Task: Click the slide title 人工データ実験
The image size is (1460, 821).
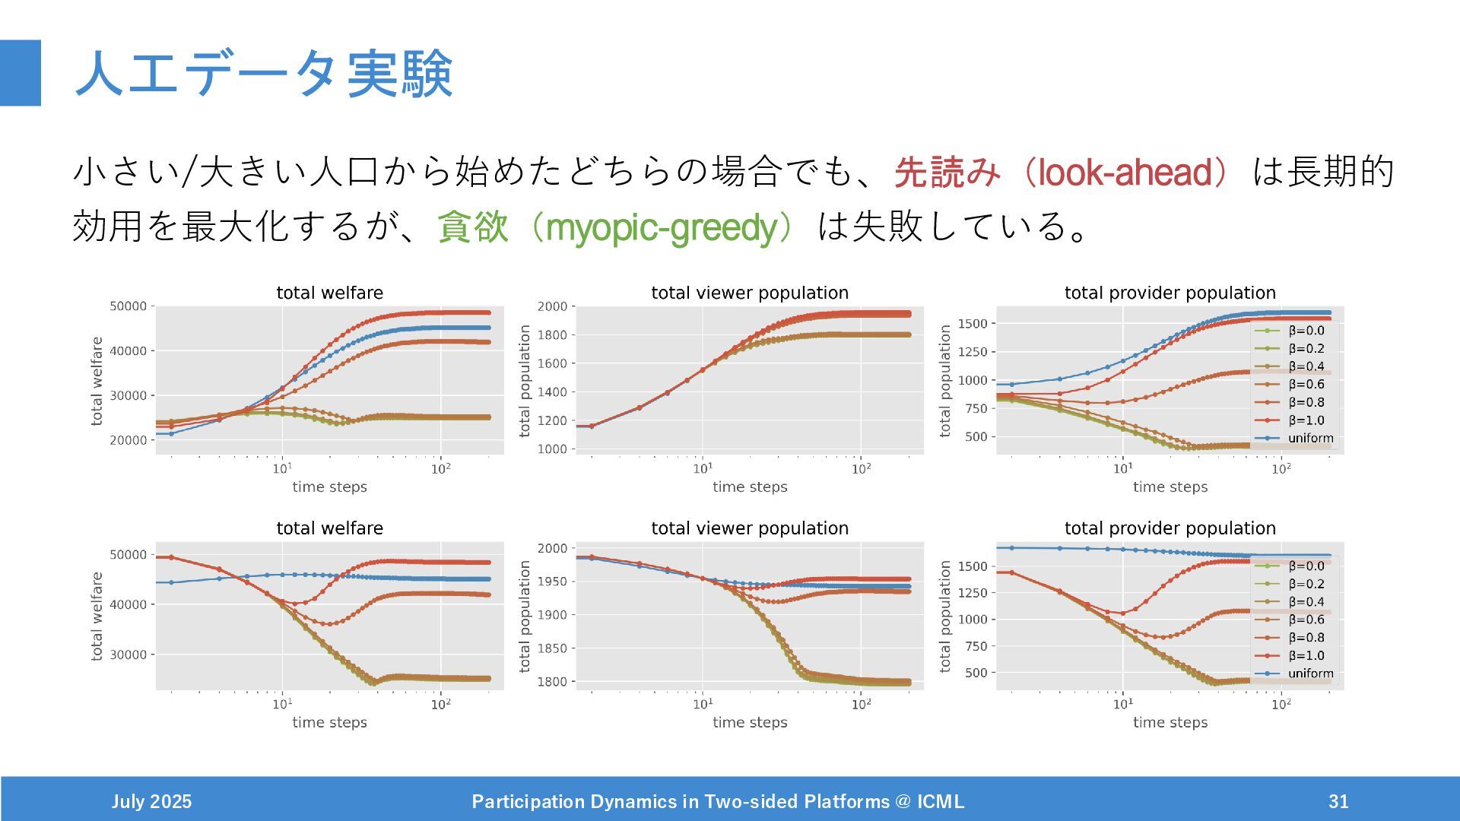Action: tap(264, 74)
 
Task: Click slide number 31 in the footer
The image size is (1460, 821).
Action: tap(1338, 801)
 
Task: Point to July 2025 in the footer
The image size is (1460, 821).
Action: tap(151, 801)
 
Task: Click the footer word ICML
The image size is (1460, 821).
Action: tap(941, 801)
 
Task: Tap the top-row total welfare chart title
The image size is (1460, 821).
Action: tap(329, 293)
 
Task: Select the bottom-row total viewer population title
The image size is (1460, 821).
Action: tap(750, 528)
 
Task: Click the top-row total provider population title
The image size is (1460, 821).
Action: tap(1170, 293)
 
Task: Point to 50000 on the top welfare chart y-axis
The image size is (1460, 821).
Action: tap(128, 306)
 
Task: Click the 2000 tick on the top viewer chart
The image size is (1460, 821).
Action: tap(552, 306)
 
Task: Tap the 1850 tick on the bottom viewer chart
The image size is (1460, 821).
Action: tap(552, 648)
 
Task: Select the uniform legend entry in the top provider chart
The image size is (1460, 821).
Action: tap(1310, 438)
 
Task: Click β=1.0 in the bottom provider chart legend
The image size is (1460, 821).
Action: tap(1306, 655)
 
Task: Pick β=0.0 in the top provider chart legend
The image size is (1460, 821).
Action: tap(1306, 331)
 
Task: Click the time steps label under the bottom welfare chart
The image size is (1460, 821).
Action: tap(329, 722)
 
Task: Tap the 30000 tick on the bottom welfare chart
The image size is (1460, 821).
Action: tap(128, 655)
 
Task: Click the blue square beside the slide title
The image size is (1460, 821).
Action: tap(21, 73)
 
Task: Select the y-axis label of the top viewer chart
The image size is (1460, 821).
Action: tap(525, 380)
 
